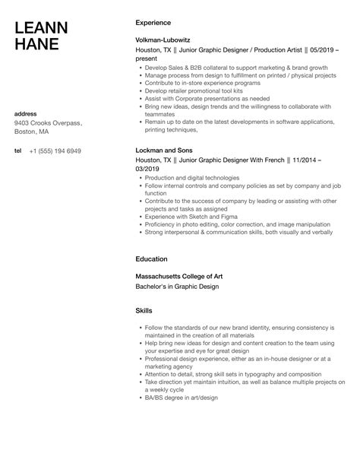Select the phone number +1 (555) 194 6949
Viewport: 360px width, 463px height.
pyautogui.click(x=55, y=151)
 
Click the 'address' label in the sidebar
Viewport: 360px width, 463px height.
pyautogui.click(x=27, y=114)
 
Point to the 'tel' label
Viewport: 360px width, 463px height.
pyautogui.click(x=17, y=151)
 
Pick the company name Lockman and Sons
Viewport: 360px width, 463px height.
pyautogui.click(x=163, y=150)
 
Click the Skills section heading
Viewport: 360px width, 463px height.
pyautogui.click(x=144, y=311)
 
